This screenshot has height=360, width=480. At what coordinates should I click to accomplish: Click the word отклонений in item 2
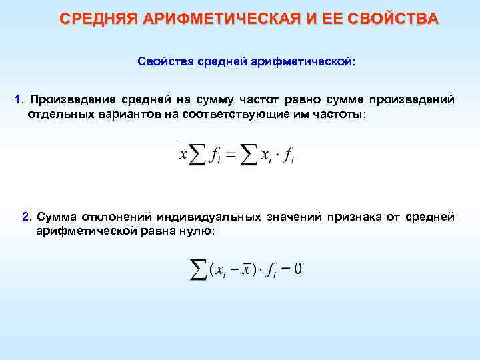(x=117, y=217)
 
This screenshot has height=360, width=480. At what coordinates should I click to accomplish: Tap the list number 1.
(x=18, y=100)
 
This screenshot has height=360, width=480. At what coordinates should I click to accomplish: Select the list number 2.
(x=25, y=217)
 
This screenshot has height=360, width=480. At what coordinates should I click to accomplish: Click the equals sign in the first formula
(x=230, y=156)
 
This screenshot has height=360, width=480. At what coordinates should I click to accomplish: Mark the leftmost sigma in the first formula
(x=197, y=155)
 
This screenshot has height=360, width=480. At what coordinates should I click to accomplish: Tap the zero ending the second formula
(x=298, y=269)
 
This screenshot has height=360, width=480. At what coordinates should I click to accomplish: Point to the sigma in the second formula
(x=197, y=269)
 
